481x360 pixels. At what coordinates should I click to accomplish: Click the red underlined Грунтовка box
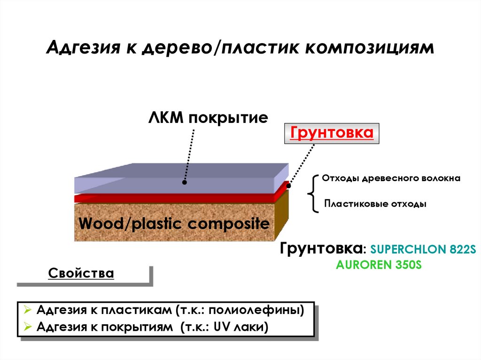pyautogui.click(x=332, y=133)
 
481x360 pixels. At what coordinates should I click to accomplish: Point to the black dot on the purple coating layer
pyautogui.click(x=185, y=182)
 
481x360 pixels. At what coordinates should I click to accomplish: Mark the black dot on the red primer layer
pyautogui.click(x=288, y=186)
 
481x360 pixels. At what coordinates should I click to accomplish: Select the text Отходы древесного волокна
pyautogui.click(x=391, y=178)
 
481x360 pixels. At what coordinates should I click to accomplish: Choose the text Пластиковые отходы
pyautogui.click(x=375, y=205)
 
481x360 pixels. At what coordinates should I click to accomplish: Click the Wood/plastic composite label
pyautogui.click(x=174, y=223)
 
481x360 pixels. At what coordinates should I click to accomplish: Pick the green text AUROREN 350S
pyautogui.click(x=379, y=265)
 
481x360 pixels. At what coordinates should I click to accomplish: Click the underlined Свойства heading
pyautogui.click(x=81, y=273)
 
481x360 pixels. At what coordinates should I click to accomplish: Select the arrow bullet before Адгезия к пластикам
pyautogui.click(x=27, y=310)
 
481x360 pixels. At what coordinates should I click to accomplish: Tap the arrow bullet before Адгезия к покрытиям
pyautogui.click(x=27, y=327)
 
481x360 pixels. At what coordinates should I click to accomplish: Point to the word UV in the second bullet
pyautogui.click(x=221, y=327)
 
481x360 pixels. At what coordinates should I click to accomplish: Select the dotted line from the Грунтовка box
pyautogui.click(x=302, y=164)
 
